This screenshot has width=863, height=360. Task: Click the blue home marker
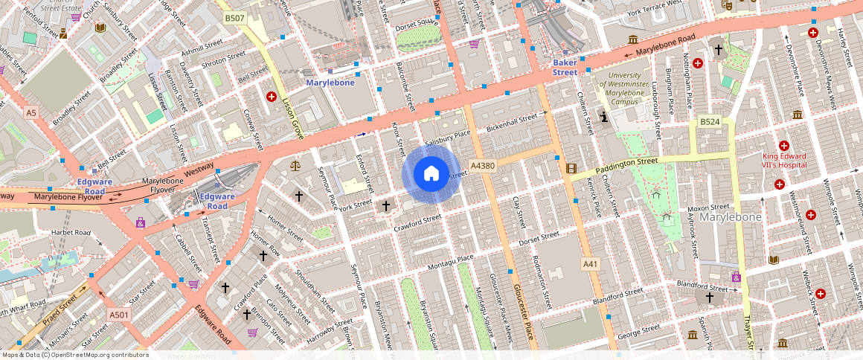click(x=430, y=174)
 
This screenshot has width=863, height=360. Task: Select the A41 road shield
click(x=590, y=264)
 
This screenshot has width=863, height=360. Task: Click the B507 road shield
click(x=235, y=17)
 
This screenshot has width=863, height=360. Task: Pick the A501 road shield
click(x=119, y=315)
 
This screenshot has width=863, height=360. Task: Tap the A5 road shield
click(x=31, y=113)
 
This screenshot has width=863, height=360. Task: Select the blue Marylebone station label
click(x=330, y=83)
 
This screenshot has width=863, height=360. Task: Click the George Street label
click(x=639, y=329)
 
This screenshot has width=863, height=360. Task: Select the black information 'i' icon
click(x=604, y=117)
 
